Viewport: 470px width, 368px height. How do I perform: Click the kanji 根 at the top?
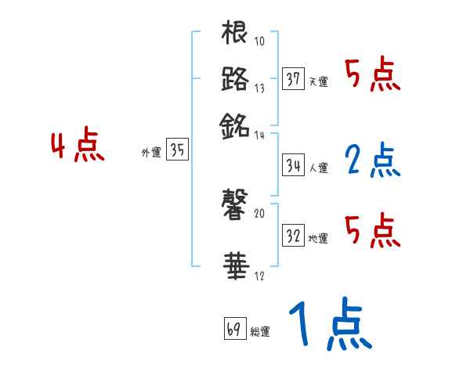[x=235, y=34]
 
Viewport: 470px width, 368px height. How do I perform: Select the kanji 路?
[x=235, y=79]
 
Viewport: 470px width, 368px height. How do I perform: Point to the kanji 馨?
[x=235, y=206]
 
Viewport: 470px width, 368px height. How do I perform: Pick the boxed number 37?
[x=294, y=79]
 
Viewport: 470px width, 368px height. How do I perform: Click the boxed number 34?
[x=294, y=165]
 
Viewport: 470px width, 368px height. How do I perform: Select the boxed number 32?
[x=294, y=236]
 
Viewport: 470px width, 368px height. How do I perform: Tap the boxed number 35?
[x=178, y=151]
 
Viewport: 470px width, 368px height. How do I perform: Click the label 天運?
[x=318, y=81]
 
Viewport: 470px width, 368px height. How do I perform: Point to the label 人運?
[x=318, y=168]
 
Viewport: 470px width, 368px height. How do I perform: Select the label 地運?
[x=318, y=238]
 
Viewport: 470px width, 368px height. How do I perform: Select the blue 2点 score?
[x=372, y=161]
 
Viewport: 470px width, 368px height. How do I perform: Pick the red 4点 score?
[x=77, y=147]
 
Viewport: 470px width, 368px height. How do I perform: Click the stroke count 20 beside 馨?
[x=260, y=212]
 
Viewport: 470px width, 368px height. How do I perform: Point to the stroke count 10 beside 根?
[x=260, y=41]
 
